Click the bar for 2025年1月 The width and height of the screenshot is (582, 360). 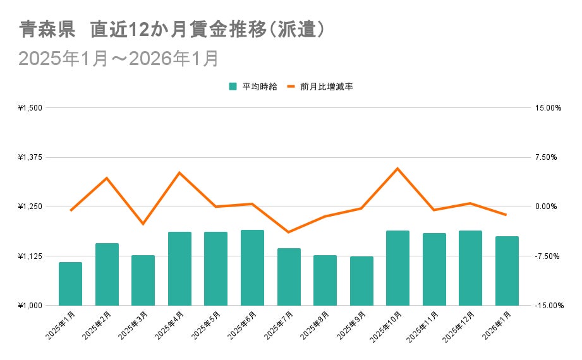tap(70, 284)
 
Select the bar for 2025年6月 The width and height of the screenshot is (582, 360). tap(252, 268)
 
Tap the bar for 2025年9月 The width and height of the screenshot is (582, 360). tap(361, 281)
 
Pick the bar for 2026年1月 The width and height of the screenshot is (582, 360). tap(507, 271)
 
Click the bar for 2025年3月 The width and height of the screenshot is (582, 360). tap(143, 280)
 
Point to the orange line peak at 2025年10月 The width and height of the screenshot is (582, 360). tap(397, 169)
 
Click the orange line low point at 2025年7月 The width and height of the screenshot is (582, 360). tap(288, 232)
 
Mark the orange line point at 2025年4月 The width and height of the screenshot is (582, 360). tap(179, 172)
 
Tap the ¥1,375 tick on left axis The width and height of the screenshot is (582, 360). tap(30, 157)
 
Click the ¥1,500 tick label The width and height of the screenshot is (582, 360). tap(30, 108)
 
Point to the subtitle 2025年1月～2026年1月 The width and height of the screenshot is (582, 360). tap(119, 58)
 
